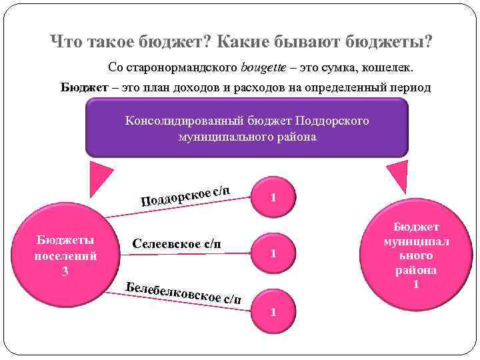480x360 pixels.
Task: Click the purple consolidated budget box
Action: click(x=247, y=128)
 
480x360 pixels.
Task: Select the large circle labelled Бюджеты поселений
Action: click(x=65, y=256)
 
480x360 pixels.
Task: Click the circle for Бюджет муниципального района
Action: click(x=416, y=256)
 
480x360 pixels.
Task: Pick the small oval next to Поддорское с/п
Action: click(x=273, y=197)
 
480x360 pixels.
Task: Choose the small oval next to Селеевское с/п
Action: click(x=273, y=254)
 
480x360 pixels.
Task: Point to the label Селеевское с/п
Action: click(x=177, y=243)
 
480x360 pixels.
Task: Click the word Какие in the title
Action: click(x=249, y=43)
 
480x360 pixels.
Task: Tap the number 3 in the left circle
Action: click(x=65, y=271)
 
